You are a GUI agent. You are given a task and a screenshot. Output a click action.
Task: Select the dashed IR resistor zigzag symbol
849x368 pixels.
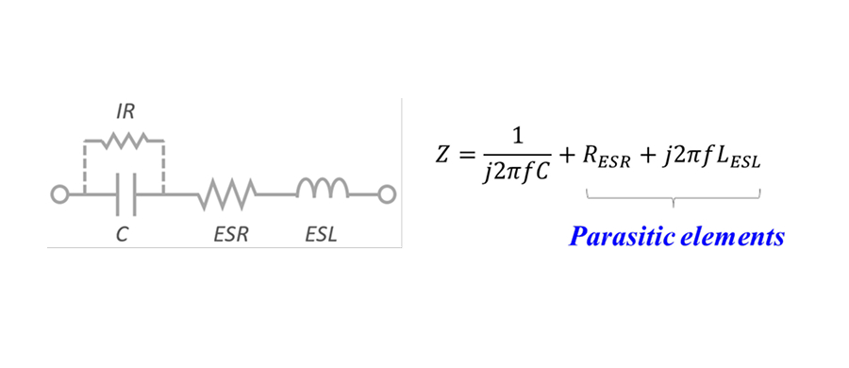click(x=124, y=142)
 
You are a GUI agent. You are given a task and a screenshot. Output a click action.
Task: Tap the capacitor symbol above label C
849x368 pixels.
click(x=124, y=194)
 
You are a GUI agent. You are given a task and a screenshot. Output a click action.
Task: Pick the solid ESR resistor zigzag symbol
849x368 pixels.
click(x=225, y=194)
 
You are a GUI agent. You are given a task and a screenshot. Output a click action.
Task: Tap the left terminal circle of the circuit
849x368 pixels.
click(x=58, y=194)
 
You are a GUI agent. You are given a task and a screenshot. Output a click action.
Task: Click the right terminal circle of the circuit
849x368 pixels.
click(x=386, y=194)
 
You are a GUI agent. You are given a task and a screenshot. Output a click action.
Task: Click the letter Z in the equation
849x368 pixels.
click(x=443, y=153)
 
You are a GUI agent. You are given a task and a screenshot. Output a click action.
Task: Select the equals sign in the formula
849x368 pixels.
click(x=470, y=153)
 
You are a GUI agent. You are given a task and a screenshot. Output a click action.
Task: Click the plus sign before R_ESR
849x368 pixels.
click(x=568, y=153)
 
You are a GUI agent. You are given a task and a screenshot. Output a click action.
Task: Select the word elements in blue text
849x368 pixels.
click(x=731, y=238)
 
